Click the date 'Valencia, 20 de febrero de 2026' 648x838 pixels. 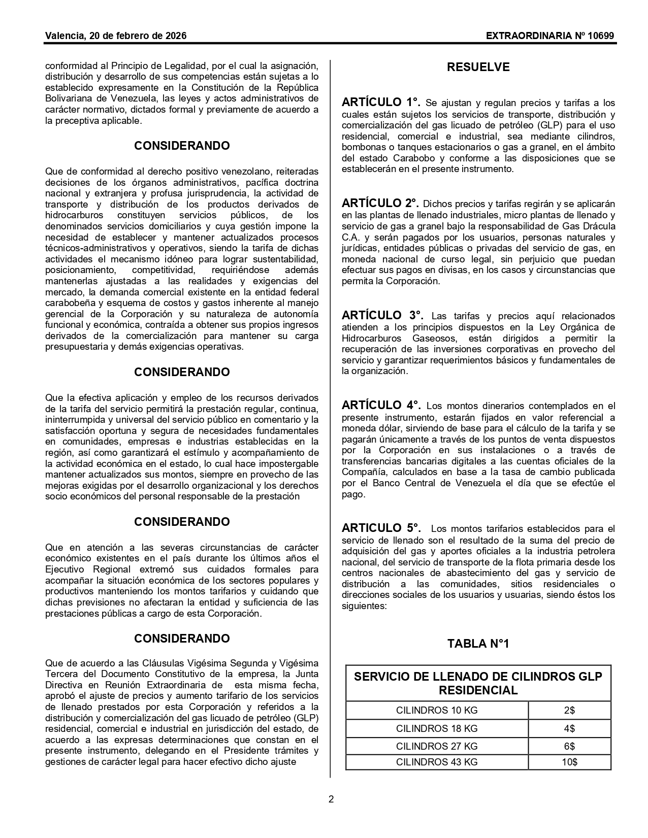pyautogui.click(x=116, y=36)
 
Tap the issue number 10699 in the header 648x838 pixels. pyautogui.click(x=602, y=36)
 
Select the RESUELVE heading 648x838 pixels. pyautogui.click(x=478, y=67)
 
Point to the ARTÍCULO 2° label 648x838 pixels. pyautogui.click(x=380, y=204)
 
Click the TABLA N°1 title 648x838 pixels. pyautogui.click(x=478, y=644)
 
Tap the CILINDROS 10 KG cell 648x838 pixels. pyautogui.click(x=437, y=710)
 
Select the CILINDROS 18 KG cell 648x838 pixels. pyautogui.click(x=437, y=728)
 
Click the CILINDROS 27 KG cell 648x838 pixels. pyautogui.click(x=437, y=746)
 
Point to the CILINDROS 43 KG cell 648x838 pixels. pyautogui.click(x=437, y=762)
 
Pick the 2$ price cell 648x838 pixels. pyautogui.click(x=569, y=710)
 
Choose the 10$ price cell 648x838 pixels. pyautogui.click(x=569, y=762)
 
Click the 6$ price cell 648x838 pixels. pyautogui.click(x=569, y=746)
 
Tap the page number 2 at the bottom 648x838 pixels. pyautogui.click(x=331, y=799)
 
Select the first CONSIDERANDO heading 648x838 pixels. pyautogui.click(x=182, y=146)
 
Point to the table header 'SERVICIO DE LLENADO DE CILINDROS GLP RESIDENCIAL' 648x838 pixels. pyautogui.click(x=478, y=683)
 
